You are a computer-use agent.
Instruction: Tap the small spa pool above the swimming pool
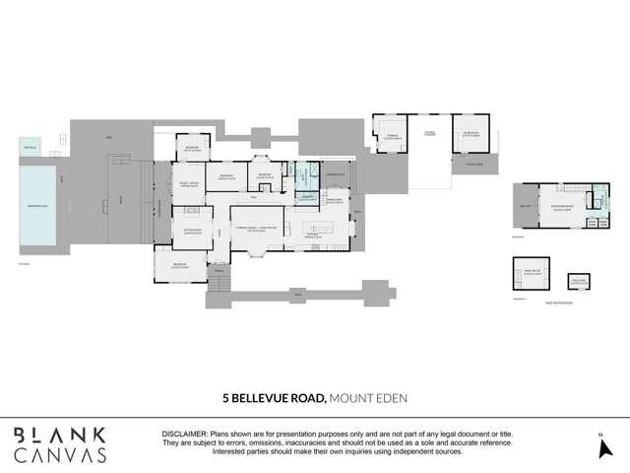(31, 148)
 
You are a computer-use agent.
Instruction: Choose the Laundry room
(306, 196)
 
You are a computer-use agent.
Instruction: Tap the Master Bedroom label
(563, 208)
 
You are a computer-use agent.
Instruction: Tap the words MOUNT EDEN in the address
(367, 398)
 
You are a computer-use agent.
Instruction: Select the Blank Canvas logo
(60, 444)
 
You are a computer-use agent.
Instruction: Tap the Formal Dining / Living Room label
(258, 230)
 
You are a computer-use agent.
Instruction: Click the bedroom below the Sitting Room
(180, 265)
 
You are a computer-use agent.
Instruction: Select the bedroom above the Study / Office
(191, 149)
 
